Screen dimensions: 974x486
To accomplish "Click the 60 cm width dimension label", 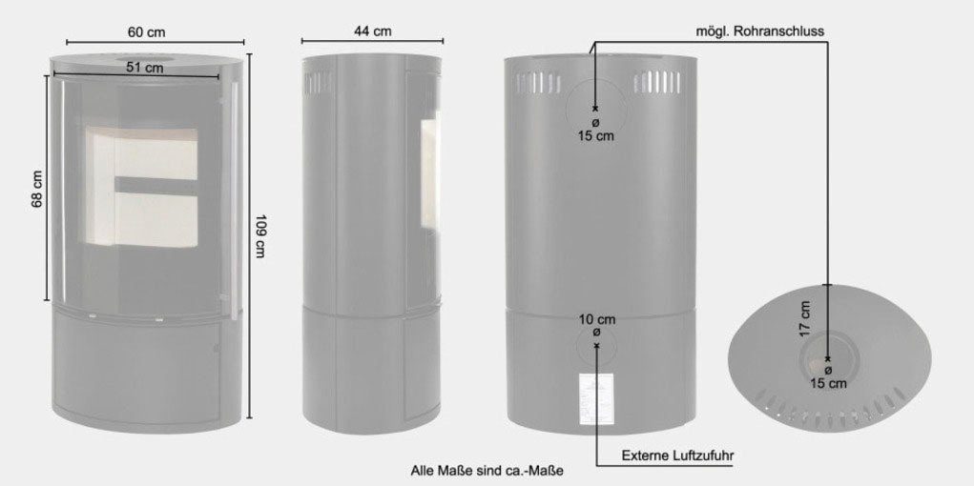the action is point(147,31).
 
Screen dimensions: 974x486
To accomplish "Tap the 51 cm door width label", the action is point(145,68).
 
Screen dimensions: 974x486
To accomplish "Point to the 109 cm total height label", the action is point(260,236).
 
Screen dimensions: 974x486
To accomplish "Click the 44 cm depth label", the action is point(373,31).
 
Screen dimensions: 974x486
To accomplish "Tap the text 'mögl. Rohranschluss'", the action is point(760,31).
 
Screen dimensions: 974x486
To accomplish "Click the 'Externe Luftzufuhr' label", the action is point(678,456).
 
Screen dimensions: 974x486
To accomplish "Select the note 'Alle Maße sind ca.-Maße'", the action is point(487,471).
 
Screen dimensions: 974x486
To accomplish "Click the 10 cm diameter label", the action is point(597,319).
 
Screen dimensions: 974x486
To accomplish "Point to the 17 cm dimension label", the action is point(806,318).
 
